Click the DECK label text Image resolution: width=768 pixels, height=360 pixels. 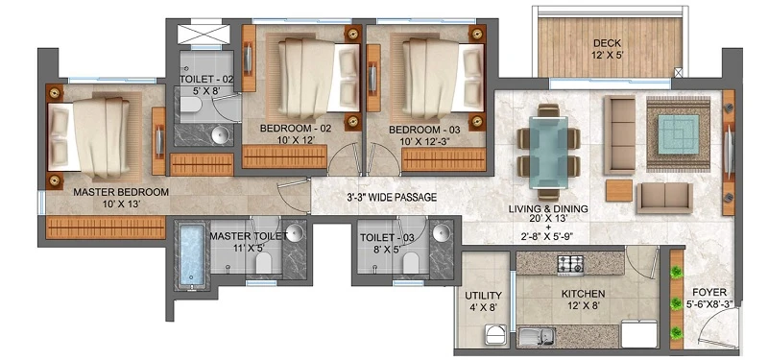pyautogui.click(x=607, y=42)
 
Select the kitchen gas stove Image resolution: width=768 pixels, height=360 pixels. pyautogui.click(x=570, y=265)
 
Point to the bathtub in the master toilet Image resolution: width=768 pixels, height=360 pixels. pyautogui.click(x=192, y=254)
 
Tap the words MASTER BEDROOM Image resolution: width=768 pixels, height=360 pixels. pyautogui.click(x=121, y=192)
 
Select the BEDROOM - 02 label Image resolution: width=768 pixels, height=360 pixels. pyautogui.click(x=296, y=129)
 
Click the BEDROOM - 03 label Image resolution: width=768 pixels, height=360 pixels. pyautogui.click(x=424, y=130)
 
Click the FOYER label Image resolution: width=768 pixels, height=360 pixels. pyautogui.click(x=712, y=292)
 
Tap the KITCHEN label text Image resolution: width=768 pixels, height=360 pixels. pyautogui.click(x=583, y=294)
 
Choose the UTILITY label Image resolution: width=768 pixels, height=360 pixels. pyautogui.click(x=483, y=296)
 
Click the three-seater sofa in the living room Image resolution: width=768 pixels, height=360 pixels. pyautogui.click(x=619, y=135)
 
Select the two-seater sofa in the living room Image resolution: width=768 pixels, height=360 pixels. pyautogui.click(x=664, y=198)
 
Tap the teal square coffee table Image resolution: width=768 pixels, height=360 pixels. pyautogui.click(x=679, y=133)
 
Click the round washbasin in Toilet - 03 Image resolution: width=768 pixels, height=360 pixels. pyautogui.click(x=442, y=231)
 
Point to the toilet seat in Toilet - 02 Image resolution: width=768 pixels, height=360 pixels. pyautogui.click(x=189, y=105)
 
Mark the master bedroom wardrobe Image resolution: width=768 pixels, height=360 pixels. pyautogui.click(x=106, y=228)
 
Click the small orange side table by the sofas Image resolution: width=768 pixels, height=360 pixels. pyautogui.click(x=619, y=190)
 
